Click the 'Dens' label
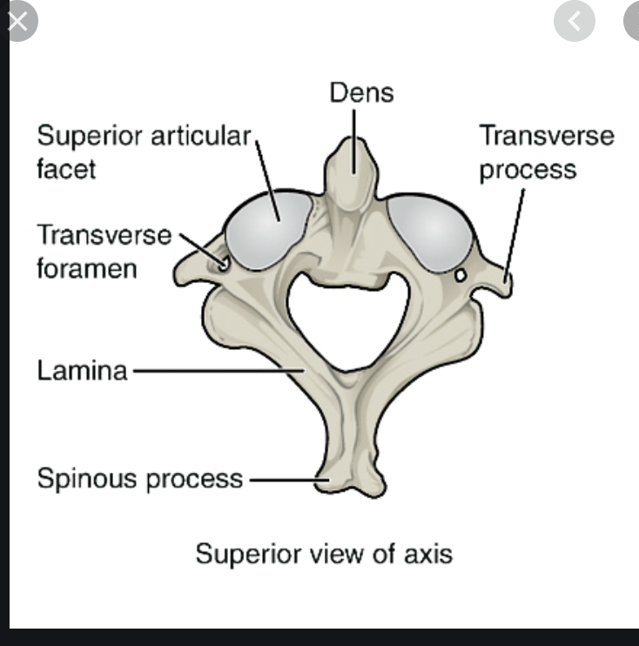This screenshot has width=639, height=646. coord(361,91)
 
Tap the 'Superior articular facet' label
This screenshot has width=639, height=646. coord(143,151)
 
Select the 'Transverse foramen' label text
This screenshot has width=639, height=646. coord(104,251)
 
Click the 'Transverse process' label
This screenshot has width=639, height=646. coord(547,151)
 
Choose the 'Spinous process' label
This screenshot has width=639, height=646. coord(139,478)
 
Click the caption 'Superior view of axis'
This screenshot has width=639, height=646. coord(324,554)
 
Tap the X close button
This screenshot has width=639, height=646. coord(20,22)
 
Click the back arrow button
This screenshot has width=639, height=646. coord(575,21)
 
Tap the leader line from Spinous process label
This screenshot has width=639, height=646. coord(284,479)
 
